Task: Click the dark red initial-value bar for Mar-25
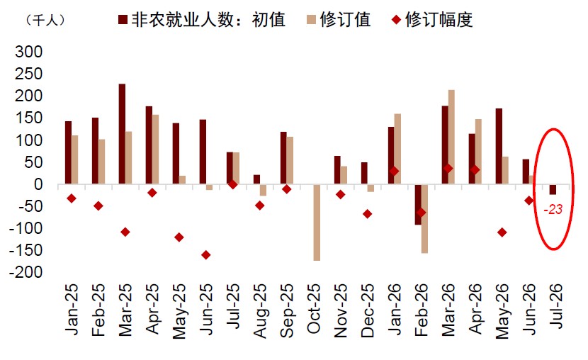coord(122,134)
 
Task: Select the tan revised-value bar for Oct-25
coord(317,223)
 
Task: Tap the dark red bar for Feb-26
coord(418,205)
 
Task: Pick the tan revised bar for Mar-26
coord(451,137)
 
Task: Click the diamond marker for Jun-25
coord(206,255)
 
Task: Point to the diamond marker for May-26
coord(502,232)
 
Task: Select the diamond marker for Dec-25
coord(367,214)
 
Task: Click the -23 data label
coord(553,209)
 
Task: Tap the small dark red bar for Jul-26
coord(553,189)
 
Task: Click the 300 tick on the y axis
coord(29,52)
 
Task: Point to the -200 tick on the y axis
coord(26,272)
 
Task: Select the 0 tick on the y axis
coord(38,184)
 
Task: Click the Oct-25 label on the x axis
coord(314,309)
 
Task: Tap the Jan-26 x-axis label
coord(395,309)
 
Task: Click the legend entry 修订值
coord(339,20)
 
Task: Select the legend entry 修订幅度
coord(432,20)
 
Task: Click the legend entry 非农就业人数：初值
coord(202,20)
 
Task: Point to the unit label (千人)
coord(46,20)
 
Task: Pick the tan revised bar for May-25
coord(182,180)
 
